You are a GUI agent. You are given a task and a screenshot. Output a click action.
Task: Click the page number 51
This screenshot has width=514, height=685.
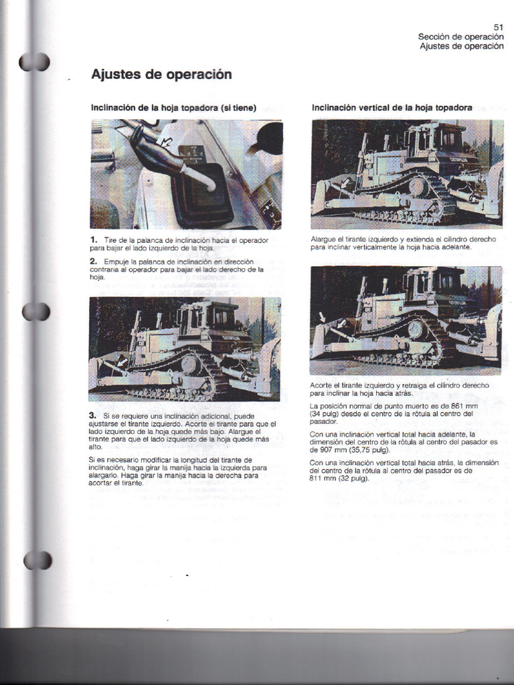coord(498,27)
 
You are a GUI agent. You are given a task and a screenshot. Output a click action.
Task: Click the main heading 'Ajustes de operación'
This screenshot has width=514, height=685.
coord(161,74)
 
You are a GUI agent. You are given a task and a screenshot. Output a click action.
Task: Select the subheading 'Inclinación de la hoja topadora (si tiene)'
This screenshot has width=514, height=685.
coord(173,108)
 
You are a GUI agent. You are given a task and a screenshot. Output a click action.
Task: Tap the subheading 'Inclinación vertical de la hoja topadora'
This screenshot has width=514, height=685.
coord(392,107)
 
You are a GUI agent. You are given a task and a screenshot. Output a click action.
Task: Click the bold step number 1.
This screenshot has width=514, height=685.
coord(93,239)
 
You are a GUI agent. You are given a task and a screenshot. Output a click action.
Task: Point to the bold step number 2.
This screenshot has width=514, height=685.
coord(93,260)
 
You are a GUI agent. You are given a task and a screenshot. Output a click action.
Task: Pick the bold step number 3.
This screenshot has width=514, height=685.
coord(93,415)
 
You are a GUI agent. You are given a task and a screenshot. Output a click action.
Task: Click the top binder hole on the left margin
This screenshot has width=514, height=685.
coord(34,62)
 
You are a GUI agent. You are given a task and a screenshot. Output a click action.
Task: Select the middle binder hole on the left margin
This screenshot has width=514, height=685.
coord(35,311)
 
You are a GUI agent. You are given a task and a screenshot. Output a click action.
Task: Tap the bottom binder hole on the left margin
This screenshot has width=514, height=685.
coord(37,560)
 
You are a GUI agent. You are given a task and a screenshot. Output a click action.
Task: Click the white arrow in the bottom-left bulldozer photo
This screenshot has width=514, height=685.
coord(121,363)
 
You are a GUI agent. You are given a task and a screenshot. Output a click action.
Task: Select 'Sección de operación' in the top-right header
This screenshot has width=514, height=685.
coord(460,37)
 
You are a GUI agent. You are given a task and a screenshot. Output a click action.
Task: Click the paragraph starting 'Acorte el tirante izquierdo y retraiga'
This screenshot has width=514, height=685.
coord(400,389)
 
